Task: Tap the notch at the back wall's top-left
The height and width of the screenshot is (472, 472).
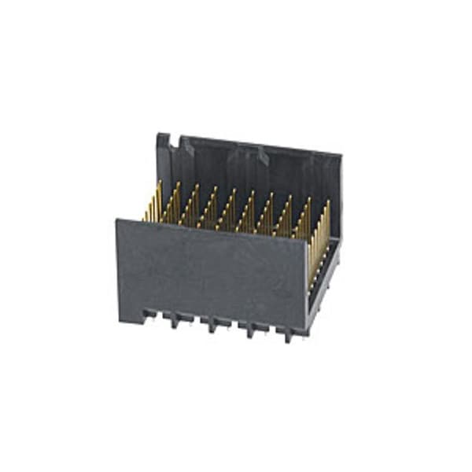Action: [x=175, y=142]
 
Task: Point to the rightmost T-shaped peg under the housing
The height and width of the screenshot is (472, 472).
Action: [x=288, y=334]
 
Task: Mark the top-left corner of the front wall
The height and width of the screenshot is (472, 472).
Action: [x=117, y=221]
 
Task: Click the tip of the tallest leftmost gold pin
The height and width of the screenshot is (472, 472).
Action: [x=160, y=183]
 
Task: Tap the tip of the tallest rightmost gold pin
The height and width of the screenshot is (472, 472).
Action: [x=329, y=201]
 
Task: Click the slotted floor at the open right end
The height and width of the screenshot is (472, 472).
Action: [x=324, y=275]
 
